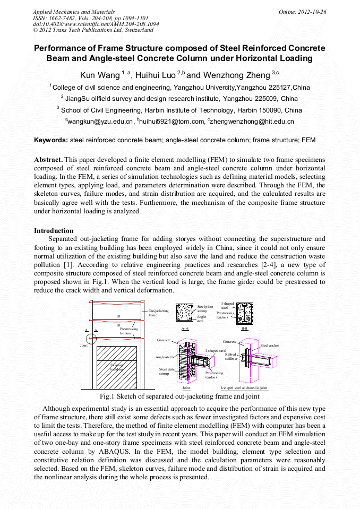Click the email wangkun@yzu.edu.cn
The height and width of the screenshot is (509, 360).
tap(99, 122)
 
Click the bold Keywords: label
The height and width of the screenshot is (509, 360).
tap(51, 140)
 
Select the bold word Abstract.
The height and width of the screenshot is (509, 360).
tap(48, 159)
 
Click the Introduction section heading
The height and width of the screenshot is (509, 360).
tap(54, 231)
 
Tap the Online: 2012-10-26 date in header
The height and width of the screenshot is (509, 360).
tap(303, 12)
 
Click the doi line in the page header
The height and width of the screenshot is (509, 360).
tap(96, 24)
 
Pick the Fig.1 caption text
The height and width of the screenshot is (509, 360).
tap(179, 396)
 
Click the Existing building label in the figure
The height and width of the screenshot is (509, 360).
tap(116, 366)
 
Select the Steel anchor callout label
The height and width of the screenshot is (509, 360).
tap(270, 346)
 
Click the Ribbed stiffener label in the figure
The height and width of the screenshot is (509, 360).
tap(230, 357)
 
